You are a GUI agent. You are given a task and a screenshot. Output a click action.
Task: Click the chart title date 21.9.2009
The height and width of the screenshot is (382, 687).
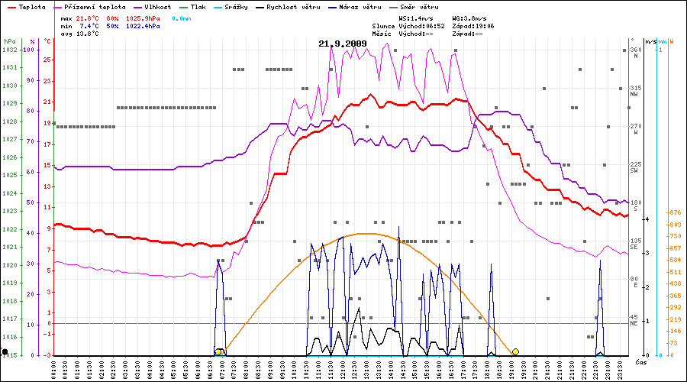pyautogui.click(x=343, y=44)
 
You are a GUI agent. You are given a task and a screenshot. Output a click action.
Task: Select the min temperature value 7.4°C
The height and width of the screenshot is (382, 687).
pyautogui.click(x=89, y=26)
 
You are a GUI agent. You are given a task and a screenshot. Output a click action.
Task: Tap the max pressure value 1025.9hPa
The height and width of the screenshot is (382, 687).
pyautogui.click(x=143, y=17)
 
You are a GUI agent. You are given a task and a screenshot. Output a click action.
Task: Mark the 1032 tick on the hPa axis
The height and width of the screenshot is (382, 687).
pyautogui.click(x=9, y=50)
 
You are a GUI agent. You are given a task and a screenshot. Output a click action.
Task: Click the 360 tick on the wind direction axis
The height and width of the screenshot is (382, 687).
pyautogui.click(x=635, y=50)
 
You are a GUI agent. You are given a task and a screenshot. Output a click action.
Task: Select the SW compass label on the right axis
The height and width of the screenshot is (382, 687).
pyautogui.click(x=634, y=171)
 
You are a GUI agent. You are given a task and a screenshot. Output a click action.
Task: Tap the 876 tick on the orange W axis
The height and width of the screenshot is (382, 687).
pyautogui.click(x=674, y=212)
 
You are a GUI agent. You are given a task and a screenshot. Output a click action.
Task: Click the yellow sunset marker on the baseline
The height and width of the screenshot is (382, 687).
pyautogui.click(x=516, y=351)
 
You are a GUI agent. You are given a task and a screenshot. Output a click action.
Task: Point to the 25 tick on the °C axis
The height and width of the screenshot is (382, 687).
pyautogui.click(x=47, y=60)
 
